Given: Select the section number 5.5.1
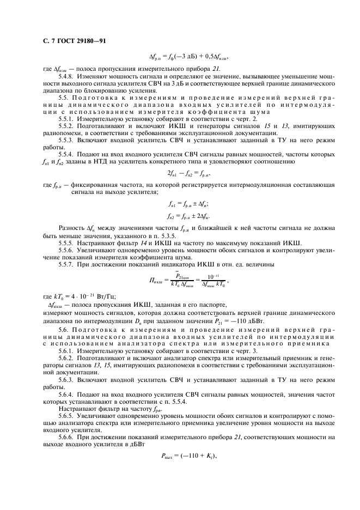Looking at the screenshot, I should click(68, 118).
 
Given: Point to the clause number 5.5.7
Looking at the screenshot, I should click(68, 264).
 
